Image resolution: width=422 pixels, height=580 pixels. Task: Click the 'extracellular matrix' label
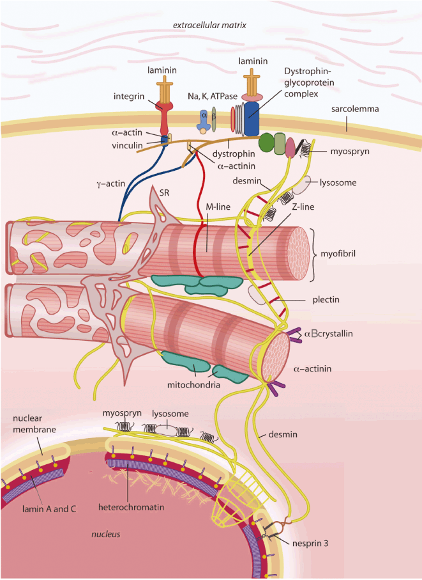pos(210,26)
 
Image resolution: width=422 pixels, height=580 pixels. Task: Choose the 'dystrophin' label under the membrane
pos(230,153)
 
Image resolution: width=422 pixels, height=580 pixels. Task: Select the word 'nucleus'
pos(106,533)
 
